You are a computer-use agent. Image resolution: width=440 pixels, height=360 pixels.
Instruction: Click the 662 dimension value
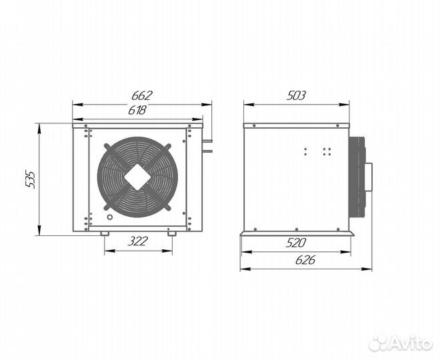tap(142, 96)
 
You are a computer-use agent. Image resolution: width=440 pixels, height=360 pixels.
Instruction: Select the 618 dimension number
tap(137, 110)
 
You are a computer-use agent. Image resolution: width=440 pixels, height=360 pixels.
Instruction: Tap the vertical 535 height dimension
tap(30, 179)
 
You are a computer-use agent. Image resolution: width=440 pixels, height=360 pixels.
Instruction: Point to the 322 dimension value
tap(137, 241)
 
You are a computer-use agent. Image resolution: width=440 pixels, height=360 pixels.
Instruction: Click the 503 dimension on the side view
tap(296, 96)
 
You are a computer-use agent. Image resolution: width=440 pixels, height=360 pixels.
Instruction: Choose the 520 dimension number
tap(296, 243)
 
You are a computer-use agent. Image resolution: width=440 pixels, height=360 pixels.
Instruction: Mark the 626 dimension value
tap(305, 261)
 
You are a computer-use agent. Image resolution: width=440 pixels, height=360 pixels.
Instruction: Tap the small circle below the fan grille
tap(110, 217)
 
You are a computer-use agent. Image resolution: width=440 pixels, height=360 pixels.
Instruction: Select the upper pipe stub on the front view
tap(207, 141)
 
